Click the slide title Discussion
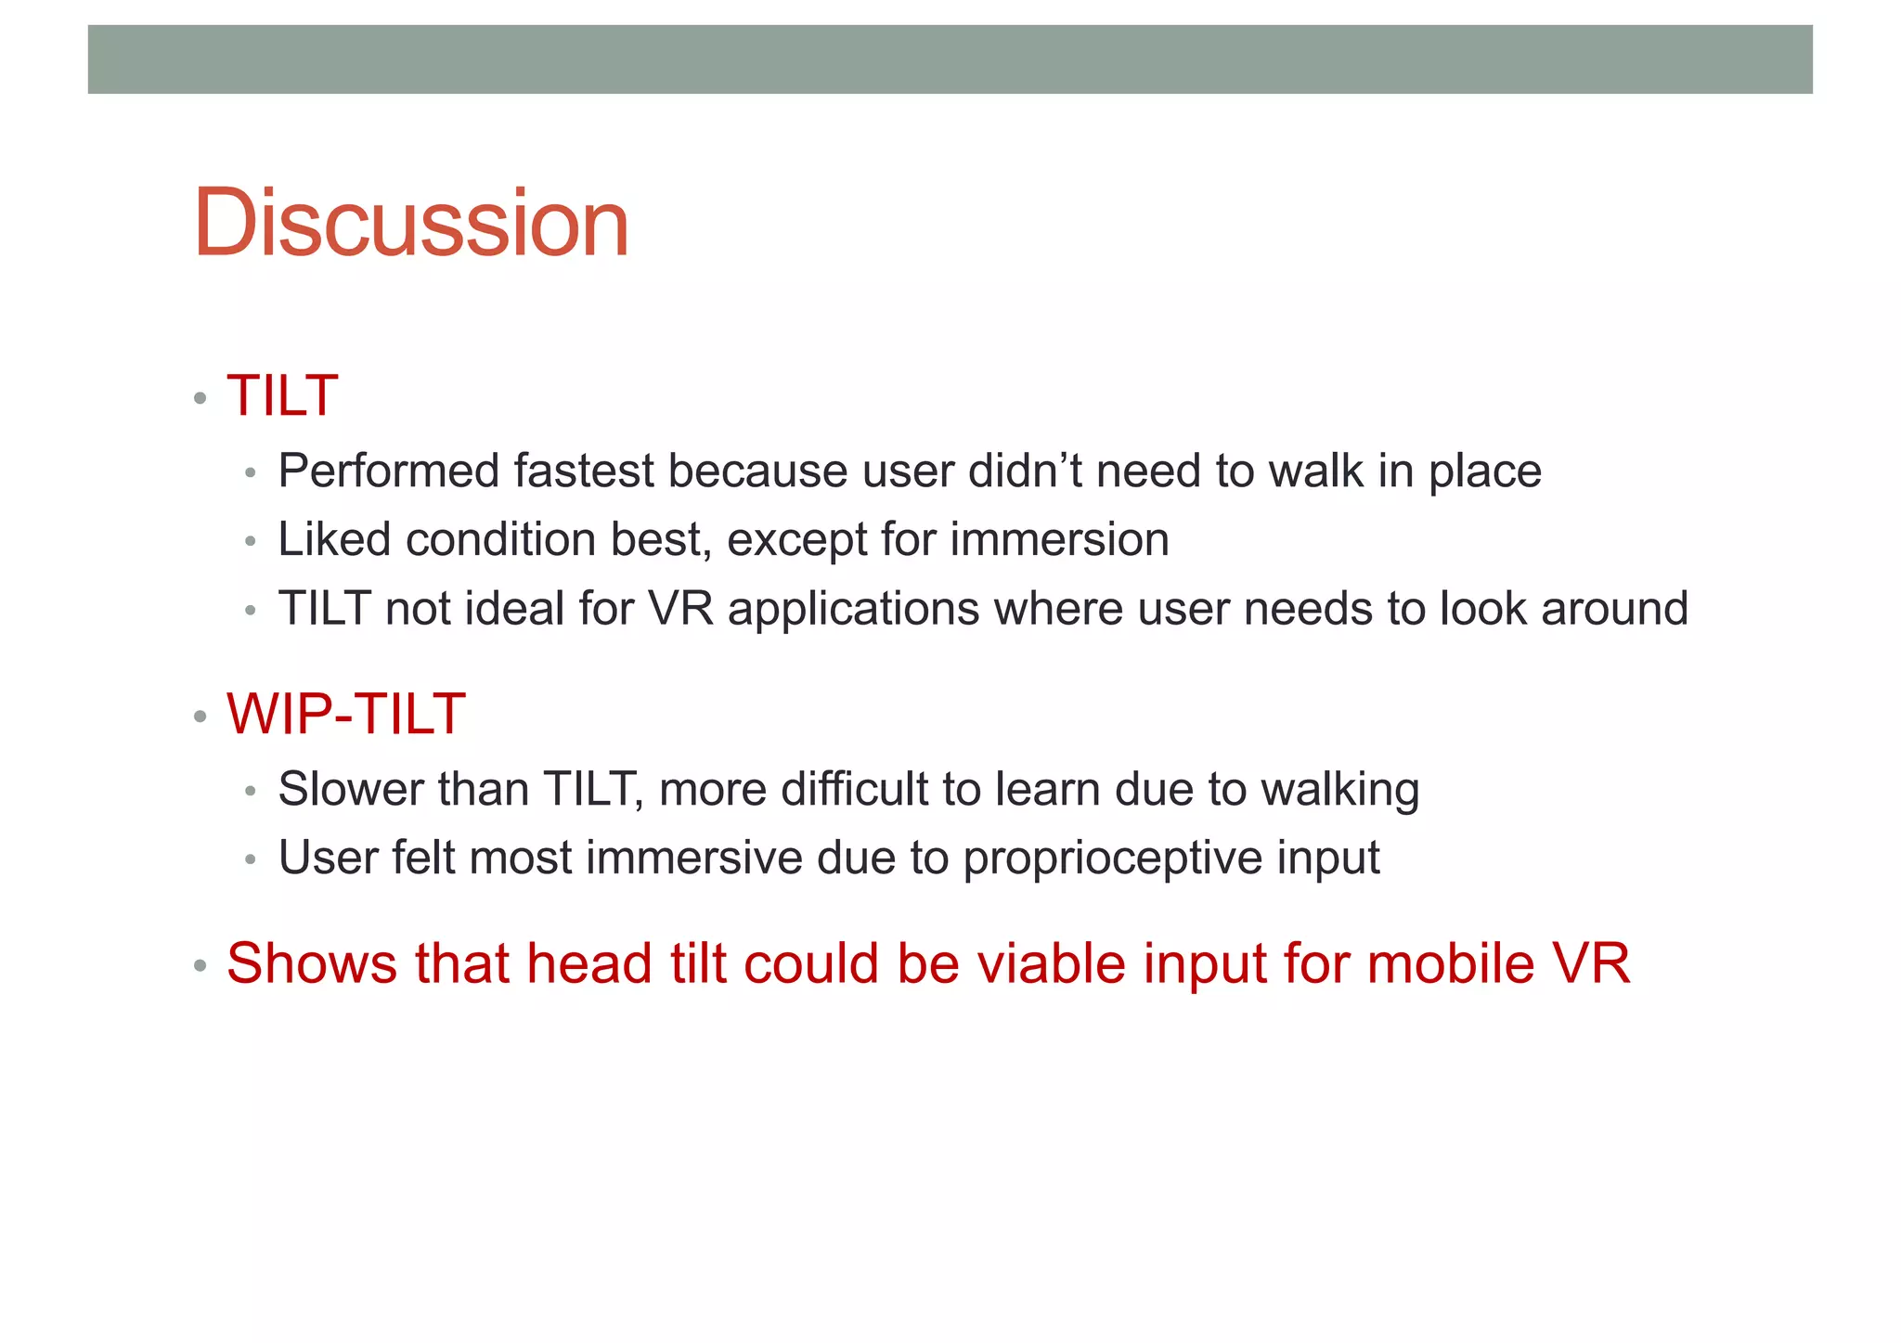411,224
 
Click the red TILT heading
282,396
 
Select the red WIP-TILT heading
345,715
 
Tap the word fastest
584,471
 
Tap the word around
1614,610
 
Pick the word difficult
854,790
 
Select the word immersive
693,859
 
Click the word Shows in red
312,964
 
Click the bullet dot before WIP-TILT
200,717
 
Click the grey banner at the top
950,59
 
